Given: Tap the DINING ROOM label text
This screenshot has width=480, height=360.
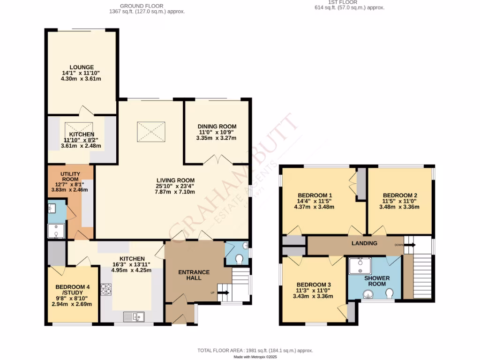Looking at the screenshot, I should pyautogui.click(x=217, y=127).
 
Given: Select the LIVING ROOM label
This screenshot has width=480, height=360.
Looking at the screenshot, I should pyautogui.click(x=175, y=180).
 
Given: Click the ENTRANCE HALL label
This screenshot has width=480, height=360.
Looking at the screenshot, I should pyautogui.click(x=194, y=275).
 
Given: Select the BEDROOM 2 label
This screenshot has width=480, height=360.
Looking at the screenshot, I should pyautogui.click(x=399, y=195).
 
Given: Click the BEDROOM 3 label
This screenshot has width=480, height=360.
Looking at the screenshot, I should pyautogui.click(x=314, y=285).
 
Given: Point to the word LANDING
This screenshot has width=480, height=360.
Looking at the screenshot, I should pyautogui.click(x=364, y=243).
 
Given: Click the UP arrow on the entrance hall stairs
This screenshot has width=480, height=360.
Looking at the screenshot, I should pyautogui.click(x=223, y=293).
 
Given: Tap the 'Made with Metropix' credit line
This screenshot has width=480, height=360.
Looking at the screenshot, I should pyautogui.click(x=256, y=357).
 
